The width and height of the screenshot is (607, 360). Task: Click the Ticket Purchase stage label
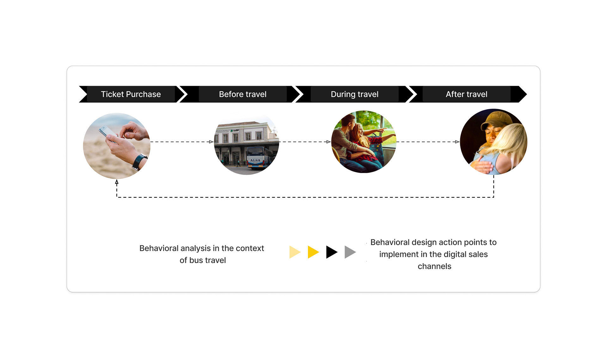(131, 94)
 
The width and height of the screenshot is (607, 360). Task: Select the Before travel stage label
(242, 94)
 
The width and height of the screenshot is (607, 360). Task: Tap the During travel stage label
(354, 94)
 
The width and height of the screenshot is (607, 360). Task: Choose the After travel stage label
(466, 94)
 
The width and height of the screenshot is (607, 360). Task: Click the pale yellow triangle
(294, 252)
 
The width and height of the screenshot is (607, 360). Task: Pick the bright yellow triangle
(313, 252)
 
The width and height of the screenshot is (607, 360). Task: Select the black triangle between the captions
(331, 252)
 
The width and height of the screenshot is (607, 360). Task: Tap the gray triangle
(350, 252)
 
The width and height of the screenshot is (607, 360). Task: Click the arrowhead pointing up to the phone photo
(117, 182)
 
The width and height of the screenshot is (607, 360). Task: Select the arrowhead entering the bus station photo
(212, 142)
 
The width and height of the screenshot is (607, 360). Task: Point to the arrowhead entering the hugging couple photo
(457, 142)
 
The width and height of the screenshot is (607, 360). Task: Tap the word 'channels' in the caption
(434, 266)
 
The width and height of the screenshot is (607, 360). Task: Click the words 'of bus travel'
(203, 260)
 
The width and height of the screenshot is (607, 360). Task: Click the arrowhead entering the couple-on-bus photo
(328, 142)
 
